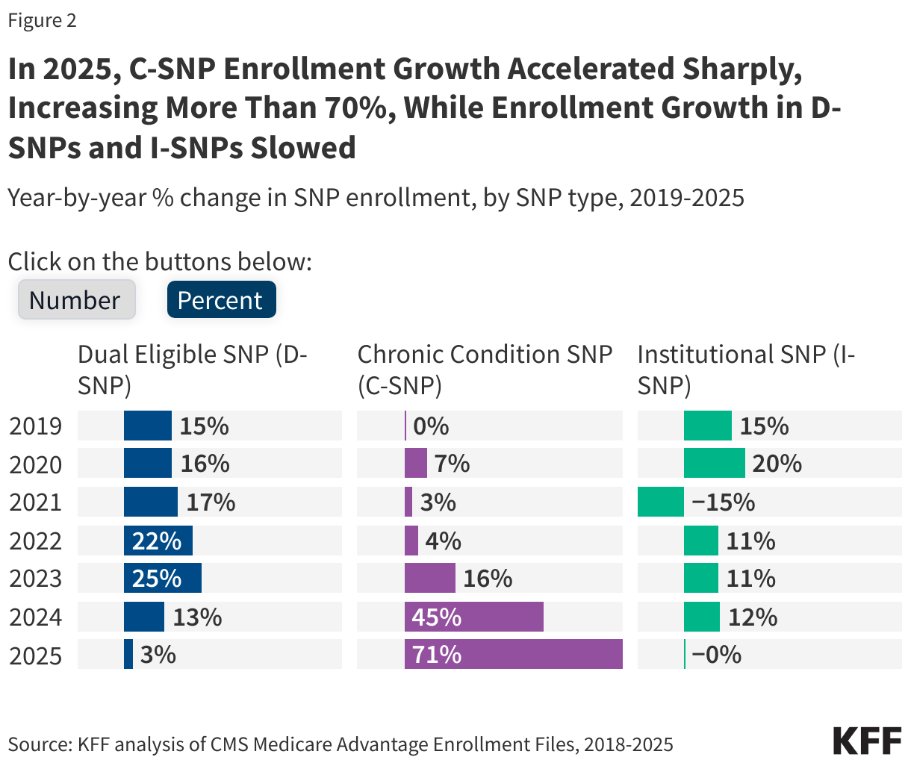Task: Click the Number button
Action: pos(76,300)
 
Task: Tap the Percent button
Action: pos(221,300)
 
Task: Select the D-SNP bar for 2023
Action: pos(163,579)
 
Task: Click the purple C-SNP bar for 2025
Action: pos(513,655)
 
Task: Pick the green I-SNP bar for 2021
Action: pos(661,502)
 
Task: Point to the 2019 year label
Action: pos(36,426)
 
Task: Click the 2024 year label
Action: pos(36,617)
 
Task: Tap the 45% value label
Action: pos(438,617)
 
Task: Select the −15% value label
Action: pos(723,502)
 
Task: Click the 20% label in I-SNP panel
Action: pos(777,464)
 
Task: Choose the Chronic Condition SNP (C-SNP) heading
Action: pos(485,370)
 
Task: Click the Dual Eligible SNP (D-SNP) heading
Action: pos(193,370)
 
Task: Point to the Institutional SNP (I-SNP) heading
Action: pos(746,370)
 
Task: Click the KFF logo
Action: pos(867,741)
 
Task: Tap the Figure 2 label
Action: pos(42,21)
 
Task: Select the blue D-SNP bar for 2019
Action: pos(148,426)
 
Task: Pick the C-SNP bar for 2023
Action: pos(430,579)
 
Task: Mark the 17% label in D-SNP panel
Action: pos(211,502)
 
